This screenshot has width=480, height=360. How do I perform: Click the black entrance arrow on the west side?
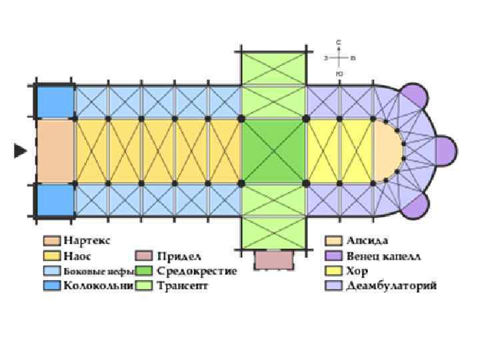click(20, 151)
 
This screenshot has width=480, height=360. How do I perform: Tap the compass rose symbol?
click(339, 58)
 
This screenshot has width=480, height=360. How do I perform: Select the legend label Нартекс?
click(87, 239)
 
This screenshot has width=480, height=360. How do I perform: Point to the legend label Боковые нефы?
click(94, 271)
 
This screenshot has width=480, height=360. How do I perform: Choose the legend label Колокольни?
click(94, 287)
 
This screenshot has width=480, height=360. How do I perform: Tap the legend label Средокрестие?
click(197, 271)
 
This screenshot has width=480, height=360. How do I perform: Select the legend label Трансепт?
click(183, 287)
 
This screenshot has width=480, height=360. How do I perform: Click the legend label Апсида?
click(367, 239)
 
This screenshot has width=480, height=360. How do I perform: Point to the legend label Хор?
click(357, 271)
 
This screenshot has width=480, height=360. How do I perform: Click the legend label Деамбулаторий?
click(391, 287)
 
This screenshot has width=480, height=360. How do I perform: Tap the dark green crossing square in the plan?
click(273, 151)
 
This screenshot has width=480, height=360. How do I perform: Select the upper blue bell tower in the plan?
click(55, 101)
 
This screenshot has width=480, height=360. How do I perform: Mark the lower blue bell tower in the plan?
click(55, 200)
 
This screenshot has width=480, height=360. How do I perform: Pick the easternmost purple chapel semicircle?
click(446, 151)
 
